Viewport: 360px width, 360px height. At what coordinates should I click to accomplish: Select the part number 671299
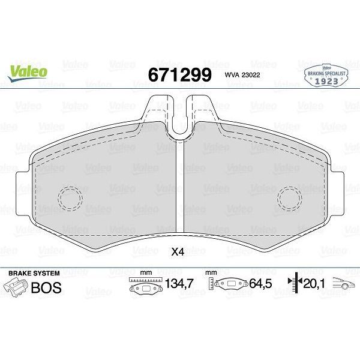[179, 75]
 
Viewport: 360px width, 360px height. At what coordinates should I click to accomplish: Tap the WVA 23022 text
[242, 75]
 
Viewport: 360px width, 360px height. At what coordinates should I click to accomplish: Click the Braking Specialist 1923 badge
[326, 75]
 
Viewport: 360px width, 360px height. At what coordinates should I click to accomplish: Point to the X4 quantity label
[178, 252]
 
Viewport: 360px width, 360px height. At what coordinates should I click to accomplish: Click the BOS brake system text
[46, 287]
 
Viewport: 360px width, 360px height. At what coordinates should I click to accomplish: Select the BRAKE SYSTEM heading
[34, 273]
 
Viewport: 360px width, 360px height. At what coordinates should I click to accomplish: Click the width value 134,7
[179, 284]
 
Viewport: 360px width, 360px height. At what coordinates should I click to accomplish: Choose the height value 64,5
[260, 284]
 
